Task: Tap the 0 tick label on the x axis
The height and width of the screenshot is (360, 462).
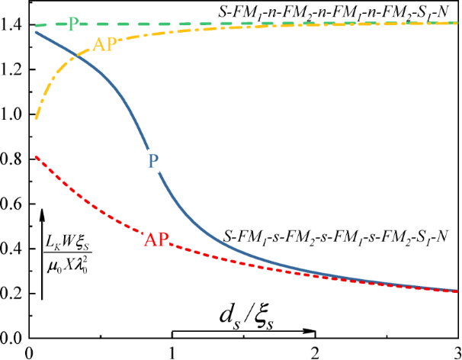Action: [28, 352]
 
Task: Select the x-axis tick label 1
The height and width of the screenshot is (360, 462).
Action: [172, 352]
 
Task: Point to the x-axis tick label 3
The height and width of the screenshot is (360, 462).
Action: [456, 352]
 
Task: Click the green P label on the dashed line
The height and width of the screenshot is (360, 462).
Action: [73, 24]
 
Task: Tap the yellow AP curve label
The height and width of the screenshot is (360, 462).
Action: [104, 43]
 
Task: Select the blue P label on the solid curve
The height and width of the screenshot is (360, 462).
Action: [152, 161]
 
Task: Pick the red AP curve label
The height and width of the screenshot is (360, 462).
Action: [156, 239]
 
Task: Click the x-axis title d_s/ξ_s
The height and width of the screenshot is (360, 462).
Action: [244, 315]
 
